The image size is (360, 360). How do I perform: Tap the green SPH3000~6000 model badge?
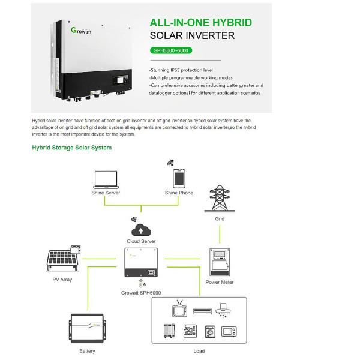pos(172,50)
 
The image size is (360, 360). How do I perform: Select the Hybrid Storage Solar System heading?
pos(71,148)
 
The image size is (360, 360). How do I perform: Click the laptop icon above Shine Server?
pos(106,179)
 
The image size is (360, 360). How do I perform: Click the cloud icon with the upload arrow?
pos(141,230)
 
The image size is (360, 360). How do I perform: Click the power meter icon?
pos(219,263)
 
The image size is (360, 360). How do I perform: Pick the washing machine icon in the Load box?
pos(210,331)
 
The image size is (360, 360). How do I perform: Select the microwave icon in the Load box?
pos(230,331)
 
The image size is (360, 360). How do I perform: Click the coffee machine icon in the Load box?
pos(190,331)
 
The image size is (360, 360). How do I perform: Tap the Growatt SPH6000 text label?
pos(141,293)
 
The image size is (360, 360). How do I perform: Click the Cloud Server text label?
pos(141,241)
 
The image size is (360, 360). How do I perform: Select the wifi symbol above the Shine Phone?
pos(170,162)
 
